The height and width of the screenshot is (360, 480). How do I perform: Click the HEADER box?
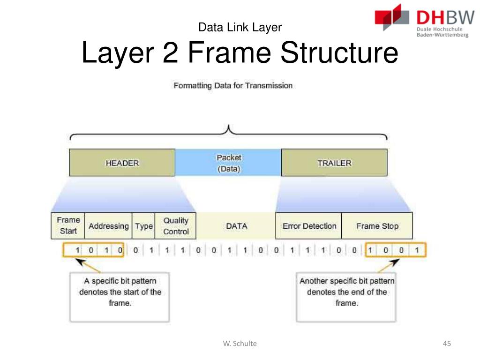[122, 163]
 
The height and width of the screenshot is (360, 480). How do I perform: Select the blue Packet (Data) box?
[228, 163]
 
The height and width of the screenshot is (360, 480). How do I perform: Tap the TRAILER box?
[334, 163]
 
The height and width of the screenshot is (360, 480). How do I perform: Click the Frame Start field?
[68, 225]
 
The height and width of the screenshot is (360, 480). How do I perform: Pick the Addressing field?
[108, 225]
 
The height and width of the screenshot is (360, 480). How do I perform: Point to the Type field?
[144, 225]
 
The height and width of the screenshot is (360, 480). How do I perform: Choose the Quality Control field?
[176, 225]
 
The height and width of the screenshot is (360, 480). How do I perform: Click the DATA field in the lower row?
[236, 225]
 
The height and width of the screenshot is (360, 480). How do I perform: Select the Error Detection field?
[309, 225]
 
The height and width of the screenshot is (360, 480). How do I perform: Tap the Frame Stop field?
[377, 225]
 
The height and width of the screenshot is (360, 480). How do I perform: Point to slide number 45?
[446, 344]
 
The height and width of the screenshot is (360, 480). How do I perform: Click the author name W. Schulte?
[240, 344]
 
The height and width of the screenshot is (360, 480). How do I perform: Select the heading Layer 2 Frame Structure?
[240, 53]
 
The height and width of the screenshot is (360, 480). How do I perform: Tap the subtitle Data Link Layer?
[240, 27]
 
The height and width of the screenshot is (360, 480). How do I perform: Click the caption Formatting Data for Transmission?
[233, 86]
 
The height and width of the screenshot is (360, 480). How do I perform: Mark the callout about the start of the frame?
[120, 292]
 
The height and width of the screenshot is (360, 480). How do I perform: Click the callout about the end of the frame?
[346, 292]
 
